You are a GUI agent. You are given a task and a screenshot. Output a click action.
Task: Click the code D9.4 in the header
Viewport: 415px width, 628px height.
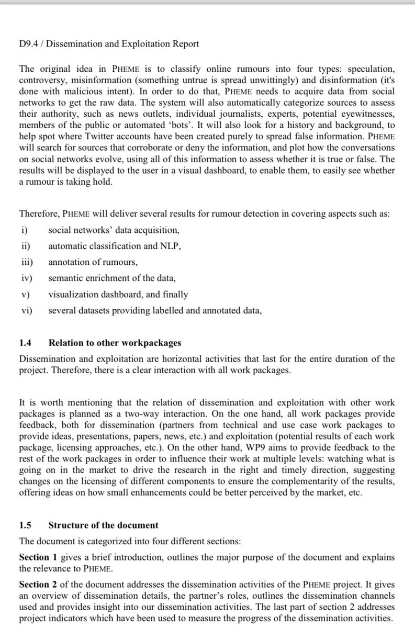(x=29, y=44)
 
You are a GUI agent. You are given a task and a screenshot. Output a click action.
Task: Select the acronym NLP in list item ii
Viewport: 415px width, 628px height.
(x=171, y=246)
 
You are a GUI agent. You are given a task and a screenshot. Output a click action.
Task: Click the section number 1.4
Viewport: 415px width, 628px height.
(x=26, y=344)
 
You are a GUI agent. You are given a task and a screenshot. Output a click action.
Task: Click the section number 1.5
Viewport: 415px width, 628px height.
(x=26, y=525)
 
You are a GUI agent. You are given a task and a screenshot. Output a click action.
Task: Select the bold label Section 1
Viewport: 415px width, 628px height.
(x=38, y=558)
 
